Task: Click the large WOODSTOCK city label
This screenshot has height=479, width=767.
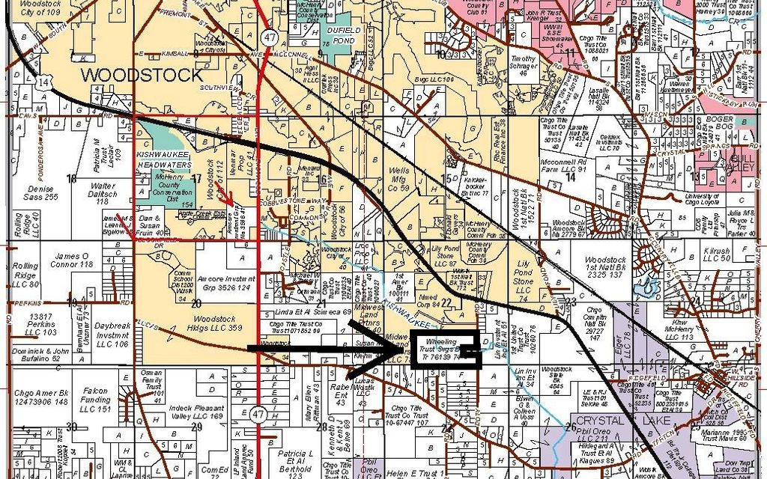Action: (142, 76)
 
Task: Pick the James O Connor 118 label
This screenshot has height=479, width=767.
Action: (71, 260)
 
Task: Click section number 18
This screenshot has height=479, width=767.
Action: (72, 178)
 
